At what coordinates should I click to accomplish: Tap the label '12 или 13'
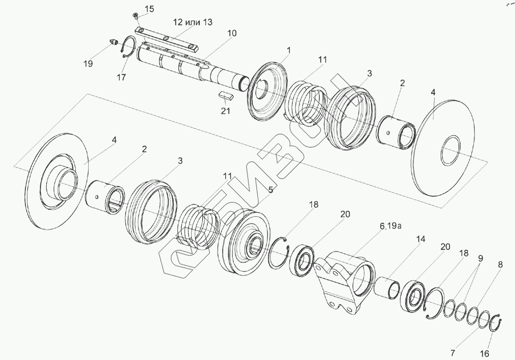pyautogui.click(x=193, y=23)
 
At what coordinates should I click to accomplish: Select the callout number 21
pyautogui.click(x=226, y=111)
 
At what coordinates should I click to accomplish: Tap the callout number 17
pyautogui.click(x=121, y=77)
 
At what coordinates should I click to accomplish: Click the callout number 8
pyautogui.click(x=500, y=265)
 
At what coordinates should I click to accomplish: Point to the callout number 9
pyautogui.click(x=480, y=259)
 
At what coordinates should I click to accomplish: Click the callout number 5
pyautogui.click(x=270, y=190)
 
